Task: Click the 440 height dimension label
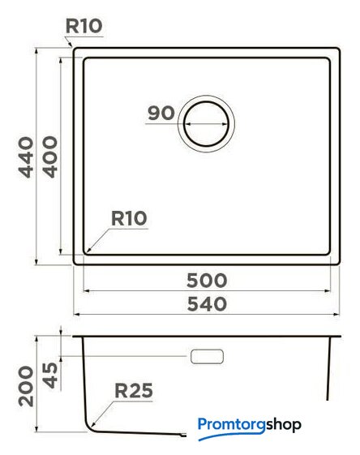(x=26, y=157)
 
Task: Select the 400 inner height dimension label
(x=50, y=157)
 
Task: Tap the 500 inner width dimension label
(x=207, y=281)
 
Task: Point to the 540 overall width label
(x=207, y=304)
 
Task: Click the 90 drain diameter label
(x=161, y=113)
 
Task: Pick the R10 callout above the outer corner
(x=84, y=26)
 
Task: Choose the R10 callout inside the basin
(x=129, y=218)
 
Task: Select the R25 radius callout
(x=134, y=391)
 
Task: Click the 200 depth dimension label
(x=26, y=386)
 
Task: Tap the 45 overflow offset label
(x=50, y=376)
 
